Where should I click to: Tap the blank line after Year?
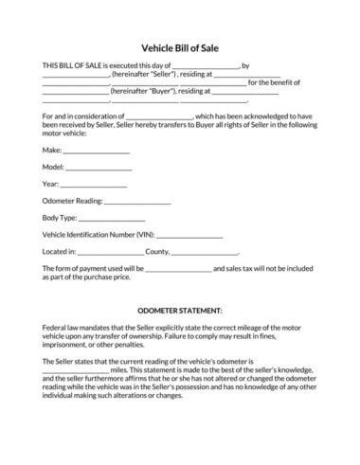pos(93,184)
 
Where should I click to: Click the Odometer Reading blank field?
pos(136,201)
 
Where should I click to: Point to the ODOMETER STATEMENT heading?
pos(180,310)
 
